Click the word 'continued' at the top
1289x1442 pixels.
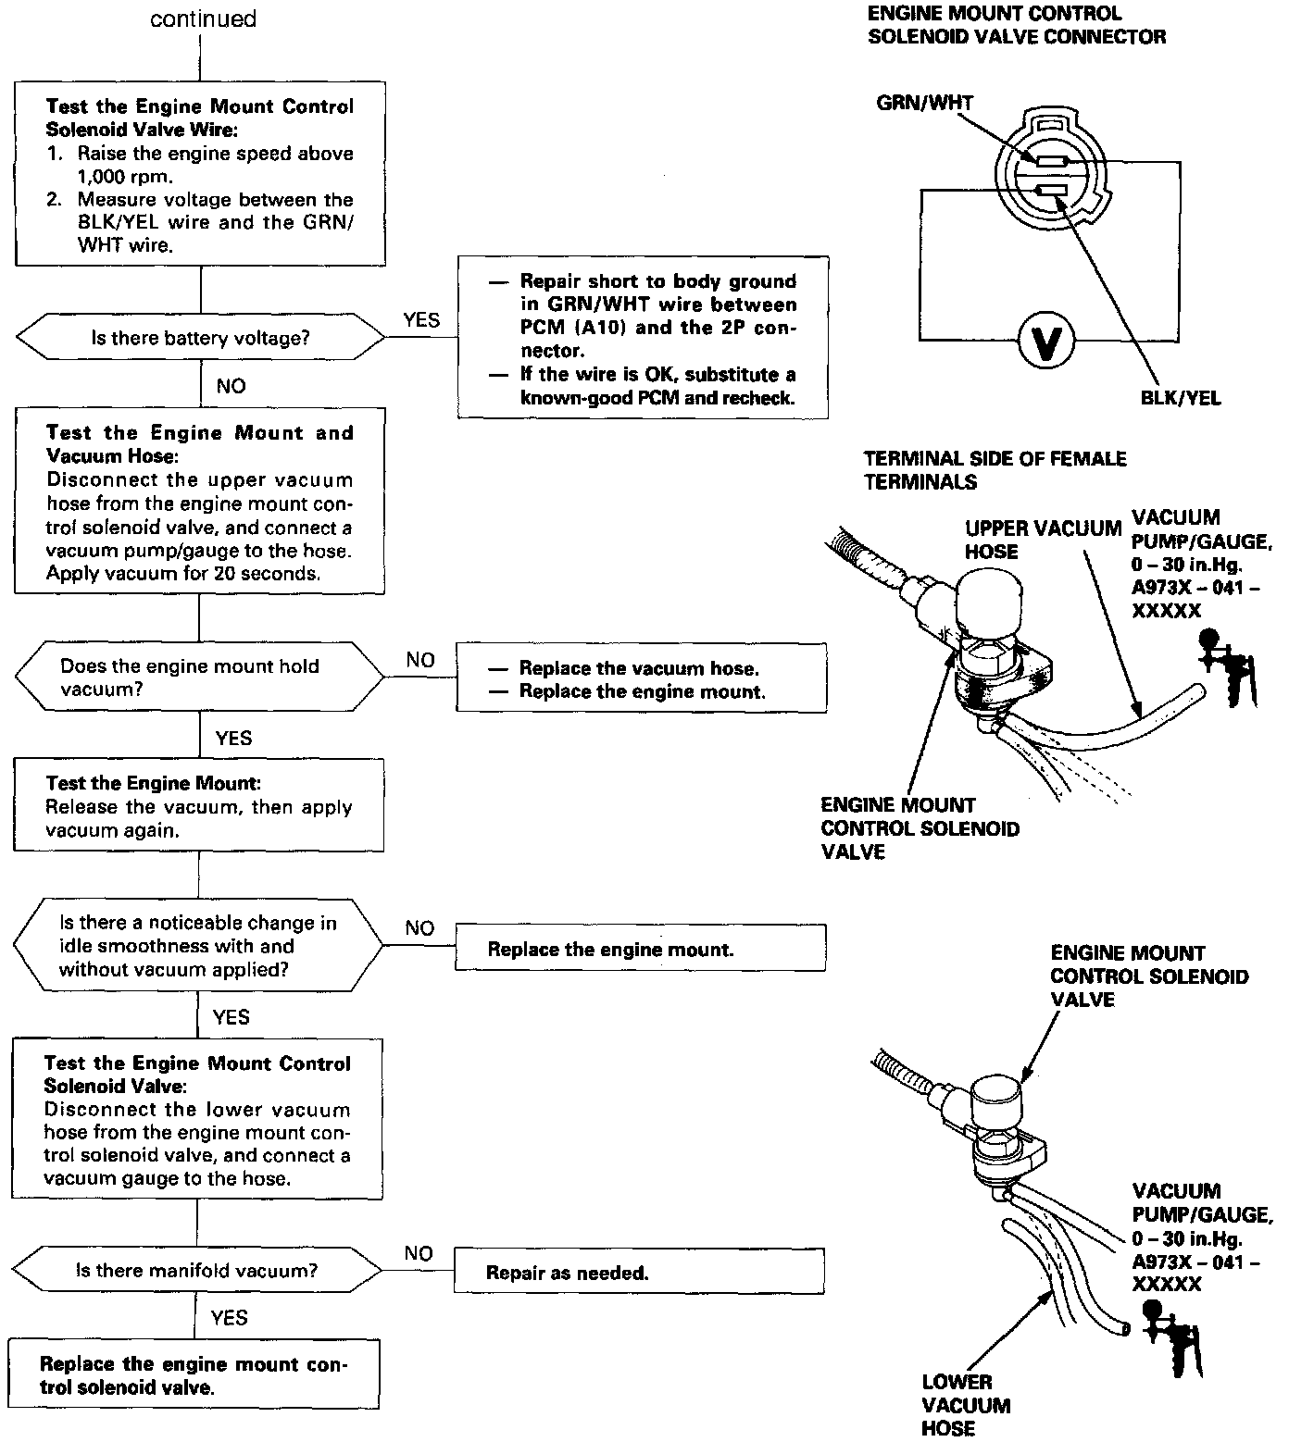pyautogui.click(x=203, y=19)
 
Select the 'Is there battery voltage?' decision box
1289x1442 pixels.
pyautogui.click(x=200, y=338)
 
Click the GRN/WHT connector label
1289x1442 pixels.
pyautogui.click(x=924, y=103)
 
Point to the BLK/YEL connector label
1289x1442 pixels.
pyautogui.click(x=1181, y=398)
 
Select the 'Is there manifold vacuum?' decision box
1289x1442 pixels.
pyautogui.click(x=196, y=1271)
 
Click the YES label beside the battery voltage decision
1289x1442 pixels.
pyautogui.click(x=421, y=320)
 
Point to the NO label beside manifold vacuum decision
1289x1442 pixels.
pyautogui.click(x=419, y=1253)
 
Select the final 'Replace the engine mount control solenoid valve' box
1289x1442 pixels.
pyautogui.click(x=194, y=1375)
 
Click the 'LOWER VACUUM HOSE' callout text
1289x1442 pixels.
pyautogui.click(x=966, y=1405)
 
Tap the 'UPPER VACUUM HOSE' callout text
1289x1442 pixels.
pyautogui.click(x=1043, y=540)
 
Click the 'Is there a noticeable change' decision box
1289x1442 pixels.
pyautogui.click(x=197, y=946)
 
